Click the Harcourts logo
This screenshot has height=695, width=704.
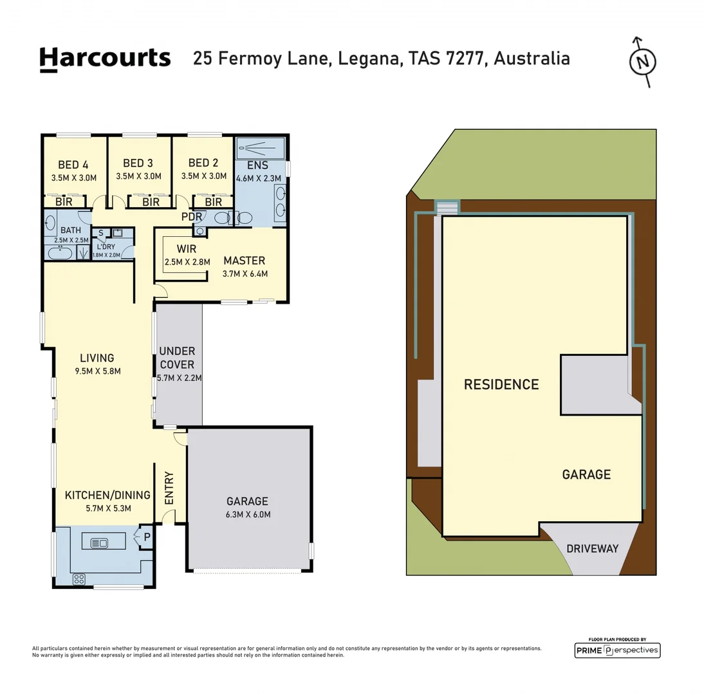105,59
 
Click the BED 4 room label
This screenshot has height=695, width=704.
73,163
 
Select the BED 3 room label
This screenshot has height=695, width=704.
138,163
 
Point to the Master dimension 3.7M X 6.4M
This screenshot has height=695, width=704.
245,273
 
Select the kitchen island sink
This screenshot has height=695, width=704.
100,543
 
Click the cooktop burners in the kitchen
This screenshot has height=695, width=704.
79,578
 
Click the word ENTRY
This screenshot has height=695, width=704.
170,488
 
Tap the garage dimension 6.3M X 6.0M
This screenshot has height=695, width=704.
247,514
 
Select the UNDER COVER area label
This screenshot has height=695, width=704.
177,358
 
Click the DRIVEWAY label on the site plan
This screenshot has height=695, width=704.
592,549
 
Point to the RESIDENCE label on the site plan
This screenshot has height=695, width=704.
501,385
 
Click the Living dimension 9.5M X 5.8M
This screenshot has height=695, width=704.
97,371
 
